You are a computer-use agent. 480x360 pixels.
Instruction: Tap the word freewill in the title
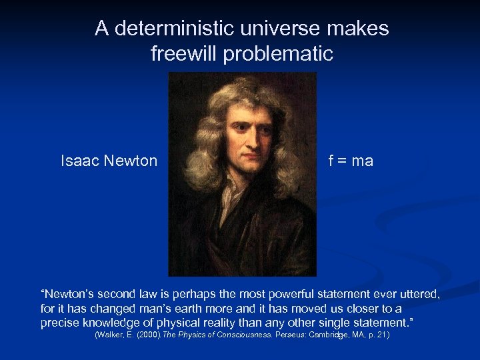185,53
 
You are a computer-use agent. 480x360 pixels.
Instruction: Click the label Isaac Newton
109,161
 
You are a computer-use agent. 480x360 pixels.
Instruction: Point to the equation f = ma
350,161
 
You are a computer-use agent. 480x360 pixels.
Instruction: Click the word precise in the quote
60,323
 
